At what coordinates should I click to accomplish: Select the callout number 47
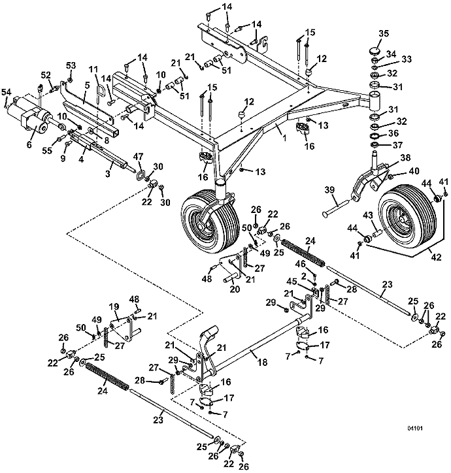[139, 157]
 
